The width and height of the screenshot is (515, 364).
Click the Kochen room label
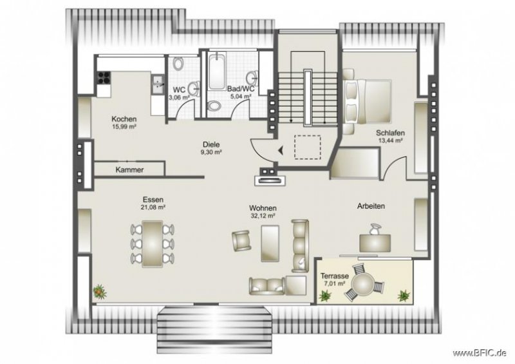pyautogui.click(x=124, y=119)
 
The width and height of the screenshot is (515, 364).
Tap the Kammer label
pyautogui.click(x=129, y=169)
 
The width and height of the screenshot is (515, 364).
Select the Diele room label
pyautogui.click(x=211, y=145)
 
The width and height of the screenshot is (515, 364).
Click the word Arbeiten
pyautogui.click(x=371, y=206)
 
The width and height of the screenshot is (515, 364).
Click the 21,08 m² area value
pyautogui.click(x=154, y=208)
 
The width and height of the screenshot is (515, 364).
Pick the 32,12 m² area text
pyautogui.click(x=264, y=216)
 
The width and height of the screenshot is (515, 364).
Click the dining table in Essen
pyautogui.click(x=153, y=242)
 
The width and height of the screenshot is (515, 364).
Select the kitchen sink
pyautogui.click(x=156, y=82)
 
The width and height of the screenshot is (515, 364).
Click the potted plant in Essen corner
pyautogui.click(x=99, y=291)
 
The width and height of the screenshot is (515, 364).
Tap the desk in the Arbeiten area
pyautogui.click(x=374, y=242)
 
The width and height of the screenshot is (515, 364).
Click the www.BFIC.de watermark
pyautogui.click(x=480, y=353)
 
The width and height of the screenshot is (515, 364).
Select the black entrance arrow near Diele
pyautogui.click(x=281, y=150)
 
